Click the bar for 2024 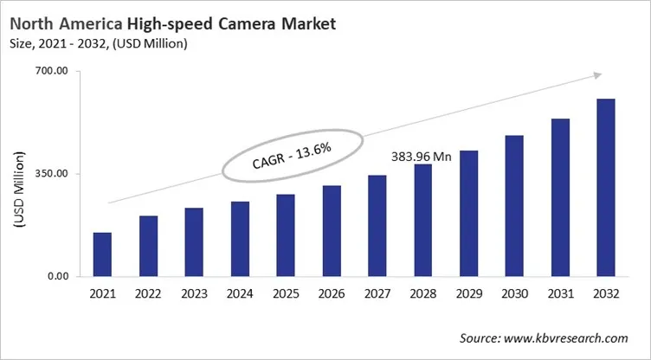point(240,239)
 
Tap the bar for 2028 point(422,221)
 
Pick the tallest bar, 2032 point(606,188)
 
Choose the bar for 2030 point(514,206)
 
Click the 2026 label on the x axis point(332,294)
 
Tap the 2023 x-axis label point(194,294)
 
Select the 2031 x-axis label point(560,294)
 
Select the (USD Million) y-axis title point(19,190)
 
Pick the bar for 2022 point(148,246)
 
